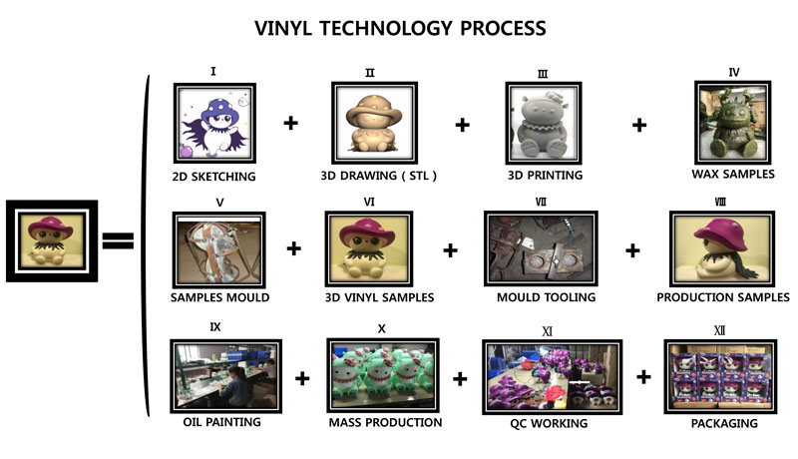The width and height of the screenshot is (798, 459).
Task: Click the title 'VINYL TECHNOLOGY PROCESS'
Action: coord(400,28)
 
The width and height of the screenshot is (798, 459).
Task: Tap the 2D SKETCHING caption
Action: coord(213,177)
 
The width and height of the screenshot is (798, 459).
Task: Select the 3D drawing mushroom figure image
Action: coord(375,123)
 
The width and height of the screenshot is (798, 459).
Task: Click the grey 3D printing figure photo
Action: coord(544,123)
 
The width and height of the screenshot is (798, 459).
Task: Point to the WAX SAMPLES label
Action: coord(733,174)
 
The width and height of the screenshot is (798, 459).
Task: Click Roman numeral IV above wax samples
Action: coord(734,72)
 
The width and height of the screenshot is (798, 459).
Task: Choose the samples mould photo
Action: coord(218,249)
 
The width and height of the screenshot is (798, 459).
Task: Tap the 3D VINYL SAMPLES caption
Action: coord(380,297)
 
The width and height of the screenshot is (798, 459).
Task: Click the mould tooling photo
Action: coord(541,248)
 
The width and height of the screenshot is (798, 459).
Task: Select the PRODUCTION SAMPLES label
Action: coord(722,297)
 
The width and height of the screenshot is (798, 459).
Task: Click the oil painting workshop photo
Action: coord(226,376)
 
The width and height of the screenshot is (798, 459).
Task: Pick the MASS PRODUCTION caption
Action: coord(385,422)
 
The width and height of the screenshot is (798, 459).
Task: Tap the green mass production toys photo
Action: coord(383,375)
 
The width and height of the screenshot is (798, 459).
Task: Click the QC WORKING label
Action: coord(549,423)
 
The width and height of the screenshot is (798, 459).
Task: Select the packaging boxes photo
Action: coord(720,376)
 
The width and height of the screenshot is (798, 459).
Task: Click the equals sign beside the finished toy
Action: coord(118,240)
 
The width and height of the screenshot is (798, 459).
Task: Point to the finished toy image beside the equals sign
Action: coord(52,240)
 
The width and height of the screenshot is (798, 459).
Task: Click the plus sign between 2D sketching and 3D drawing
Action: coord(290,123)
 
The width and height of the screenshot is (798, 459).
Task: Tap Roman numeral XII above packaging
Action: coord(719,330)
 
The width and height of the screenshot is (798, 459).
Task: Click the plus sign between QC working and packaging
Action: coord(643,377)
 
